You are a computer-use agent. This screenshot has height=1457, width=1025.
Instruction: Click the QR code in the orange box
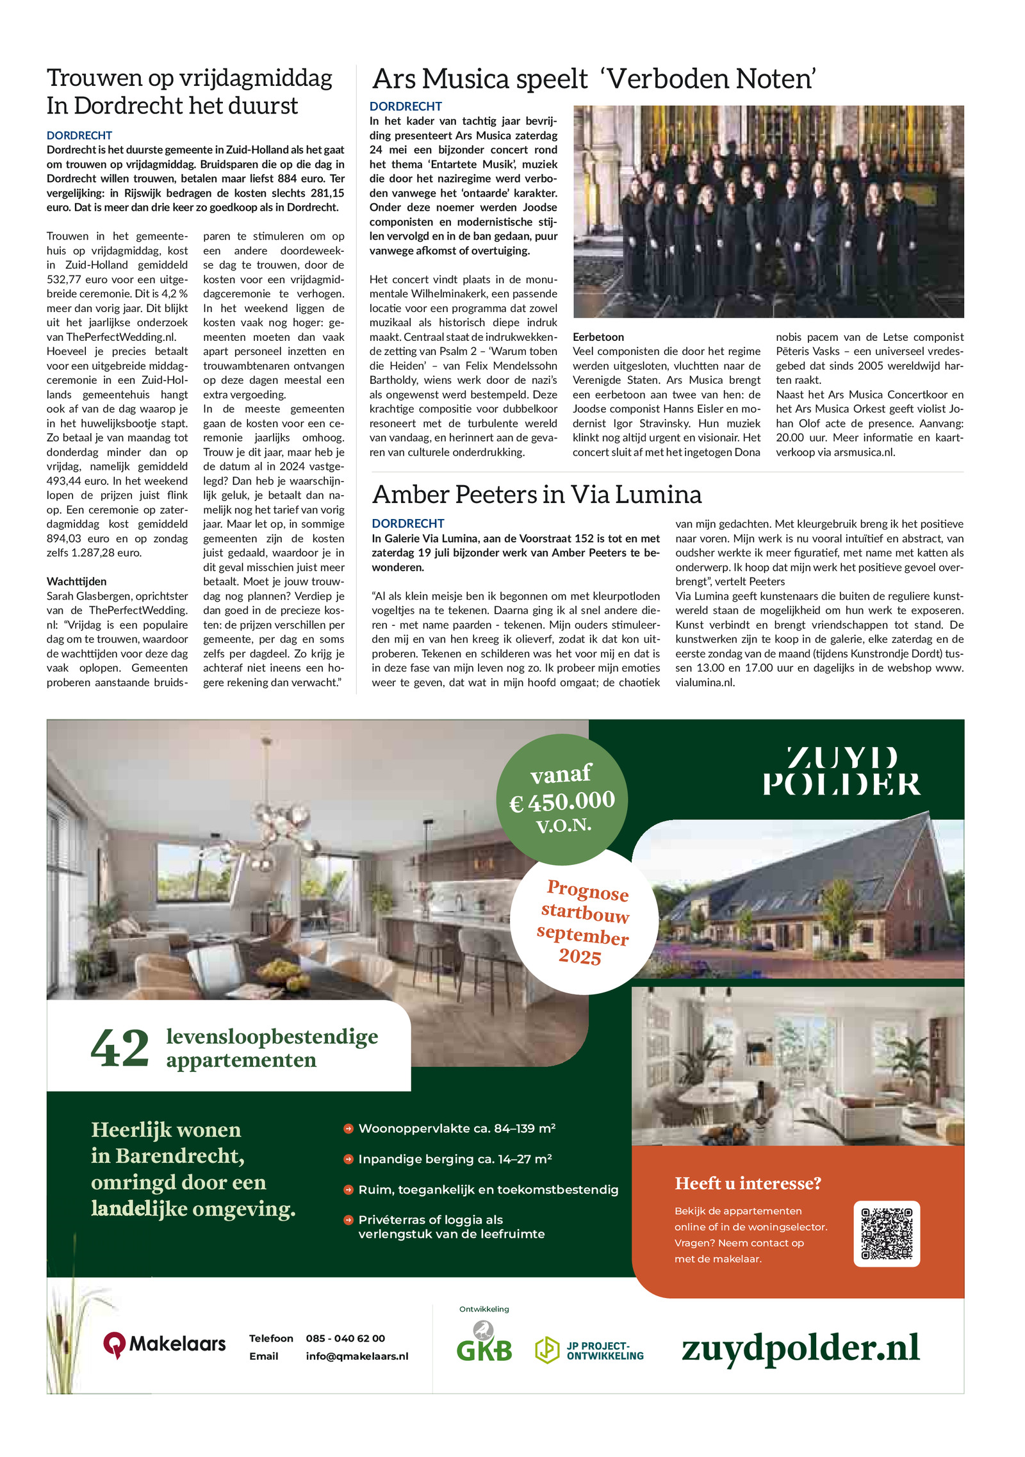[887, 1233]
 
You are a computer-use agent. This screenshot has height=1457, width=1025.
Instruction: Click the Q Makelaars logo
[165, 1344]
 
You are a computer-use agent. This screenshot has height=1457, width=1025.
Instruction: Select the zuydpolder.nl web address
[800, 1347]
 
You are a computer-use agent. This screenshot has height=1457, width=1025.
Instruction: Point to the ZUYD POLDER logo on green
[841, 771]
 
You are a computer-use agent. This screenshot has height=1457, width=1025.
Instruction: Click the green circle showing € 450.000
[562, 799]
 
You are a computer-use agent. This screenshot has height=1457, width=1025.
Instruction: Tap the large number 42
[120, 1048]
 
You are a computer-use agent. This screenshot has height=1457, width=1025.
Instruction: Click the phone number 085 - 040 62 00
[345, 1338]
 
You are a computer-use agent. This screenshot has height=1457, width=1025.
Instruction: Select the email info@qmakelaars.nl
[357, 1356]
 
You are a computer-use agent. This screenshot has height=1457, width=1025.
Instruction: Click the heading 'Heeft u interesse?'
[748, 1183]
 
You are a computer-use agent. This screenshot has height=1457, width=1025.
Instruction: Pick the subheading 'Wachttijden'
[76, 581]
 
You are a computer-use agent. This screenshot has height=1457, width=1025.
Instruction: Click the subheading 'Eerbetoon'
[598, 337]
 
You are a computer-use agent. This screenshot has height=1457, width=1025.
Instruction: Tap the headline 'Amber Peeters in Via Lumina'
[537, 494]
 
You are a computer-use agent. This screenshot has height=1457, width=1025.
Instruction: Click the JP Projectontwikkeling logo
[589, 1351]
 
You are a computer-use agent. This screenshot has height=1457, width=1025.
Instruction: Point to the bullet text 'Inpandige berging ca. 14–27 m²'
[455, 1158]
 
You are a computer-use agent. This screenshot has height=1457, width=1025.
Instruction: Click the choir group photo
[768, 211]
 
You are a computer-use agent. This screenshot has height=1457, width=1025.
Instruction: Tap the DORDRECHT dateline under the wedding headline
[79, 135]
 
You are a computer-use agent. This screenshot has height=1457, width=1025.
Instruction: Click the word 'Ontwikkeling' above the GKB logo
[484, 1309]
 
